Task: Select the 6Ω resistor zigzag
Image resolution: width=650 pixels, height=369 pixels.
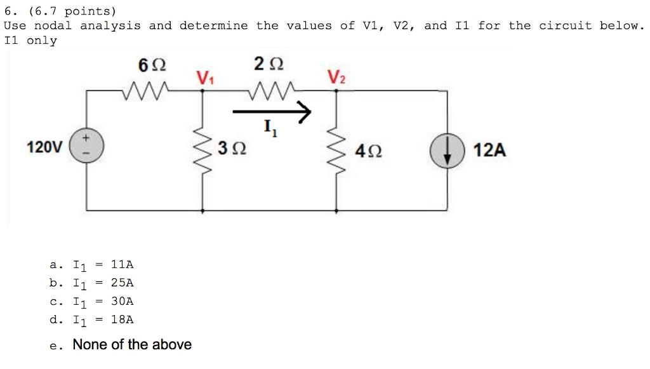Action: click(x=146, y=91)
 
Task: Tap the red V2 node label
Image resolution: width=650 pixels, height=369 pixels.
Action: click(x=336, y=78)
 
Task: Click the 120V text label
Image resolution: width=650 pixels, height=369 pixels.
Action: click(x=44, y=148)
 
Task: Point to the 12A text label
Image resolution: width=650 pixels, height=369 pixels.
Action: click(x=490, y=151)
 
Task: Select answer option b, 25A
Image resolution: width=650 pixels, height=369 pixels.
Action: click(x=92, y=283)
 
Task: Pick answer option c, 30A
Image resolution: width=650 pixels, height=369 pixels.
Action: click(x=92, y=302)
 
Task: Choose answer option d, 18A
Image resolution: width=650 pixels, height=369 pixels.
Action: click(x=92, y=320)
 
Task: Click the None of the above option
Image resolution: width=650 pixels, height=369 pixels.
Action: click(x=131, y=345)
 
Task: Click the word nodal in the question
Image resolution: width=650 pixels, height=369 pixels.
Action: click(x=53, y=26)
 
